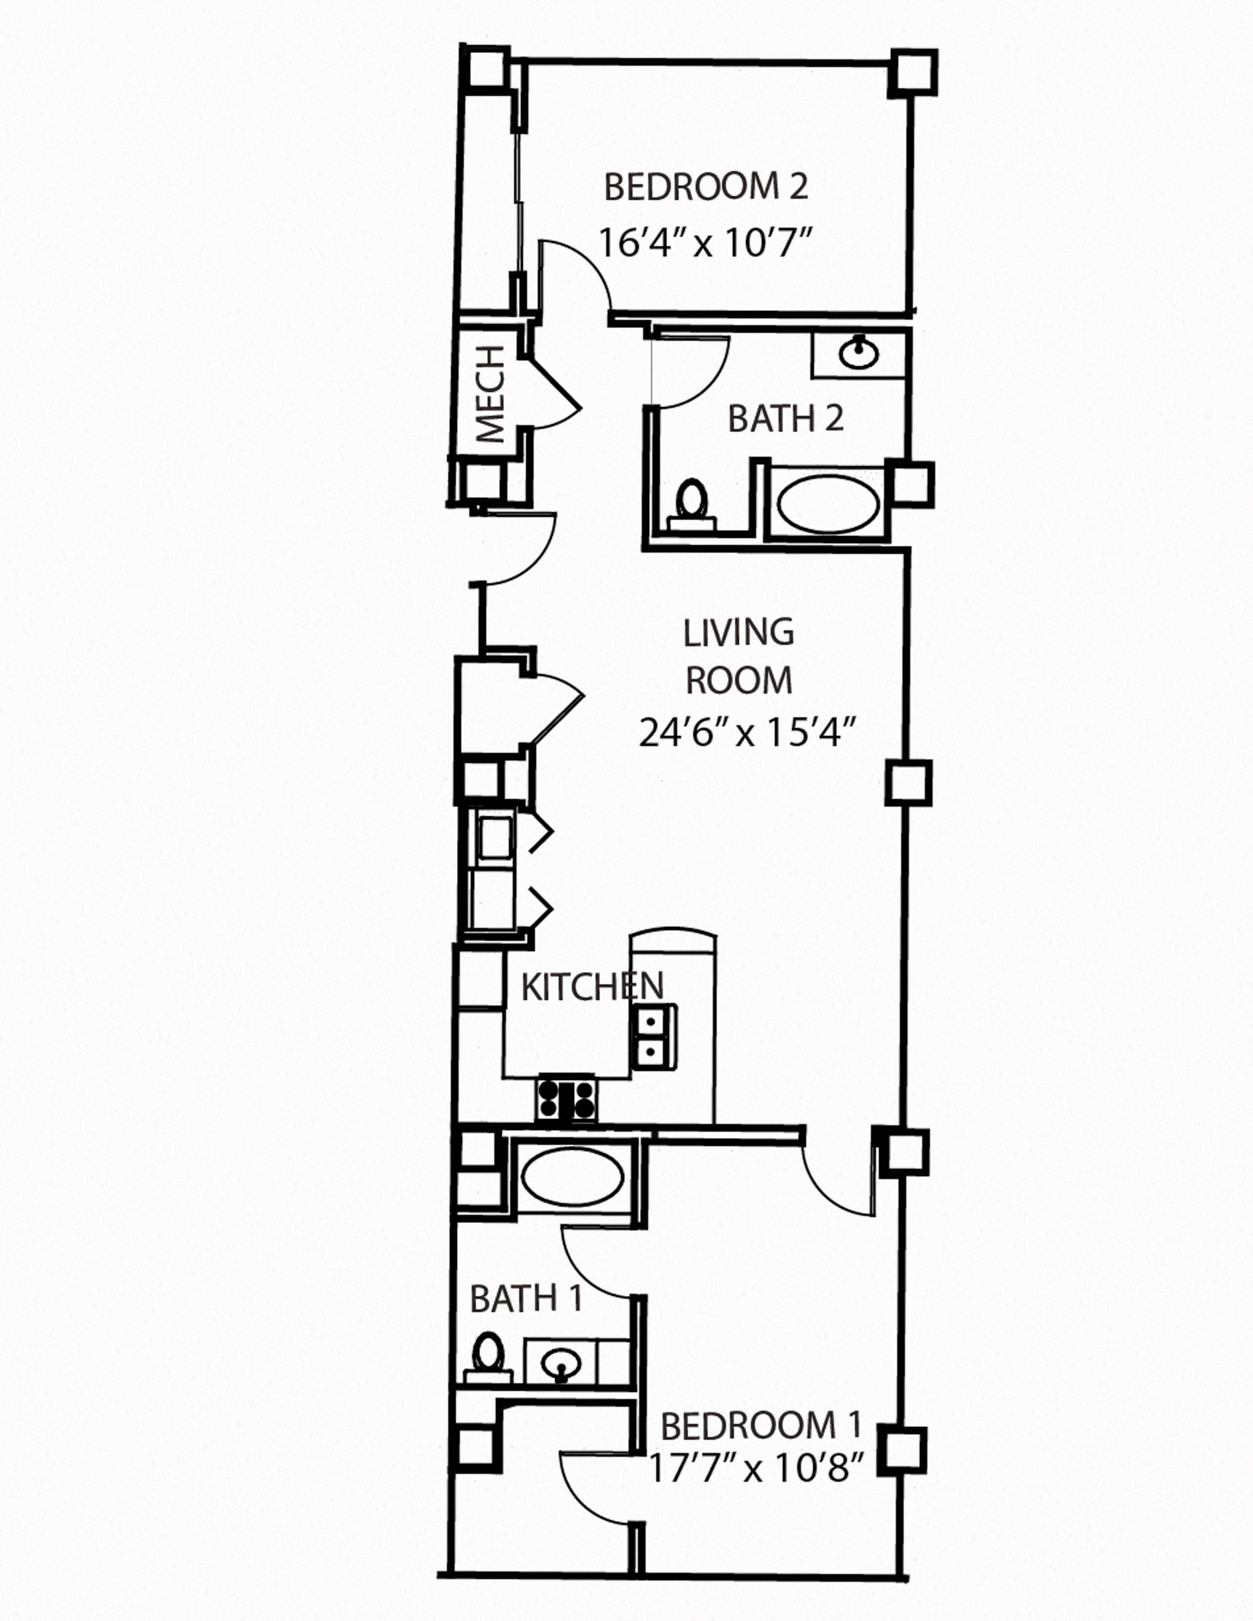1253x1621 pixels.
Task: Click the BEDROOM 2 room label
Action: click(x=705, y=187)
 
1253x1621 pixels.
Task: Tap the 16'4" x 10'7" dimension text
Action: click(x=705, y=243)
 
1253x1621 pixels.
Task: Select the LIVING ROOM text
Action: click(x=739, y=656)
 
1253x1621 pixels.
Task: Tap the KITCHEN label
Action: click(x=592, y=986)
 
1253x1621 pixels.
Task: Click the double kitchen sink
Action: click(x=653, y=1037)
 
